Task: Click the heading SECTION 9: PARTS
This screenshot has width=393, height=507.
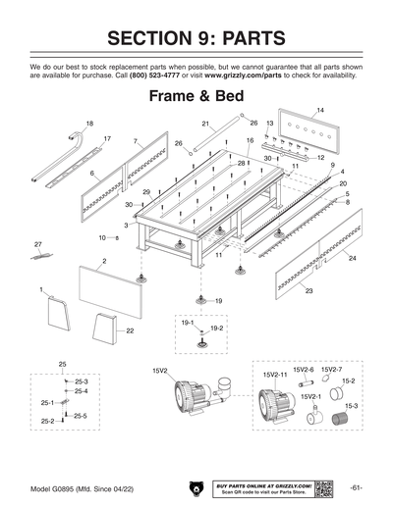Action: click(x=196, y=38)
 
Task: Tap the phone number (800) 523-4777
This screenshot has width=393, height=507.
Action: click(x=156, y=75)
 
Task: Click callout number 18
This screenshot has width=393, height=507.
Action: click(x=89, y=124)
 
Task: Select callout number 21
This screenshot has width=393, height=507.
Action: click(x=206, y=125)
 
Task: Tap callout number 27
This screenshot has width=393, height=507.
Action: click(x=38, y=243)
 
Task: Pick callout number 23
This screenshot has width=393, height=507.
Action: click(x=309, y=291)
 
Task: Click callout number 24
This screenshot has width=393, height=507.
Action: click(x=352, y=258)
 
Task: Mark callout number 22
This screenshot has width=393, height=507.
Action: click(x=130, y=331)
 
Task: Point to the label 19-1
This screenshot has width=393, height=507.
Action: click(x=187, y=322)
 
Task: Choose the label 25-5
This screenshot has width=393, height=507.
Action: click(x=81, y=417)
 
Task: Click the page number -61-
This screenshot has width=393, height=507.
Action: click(x=356, y=487)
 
